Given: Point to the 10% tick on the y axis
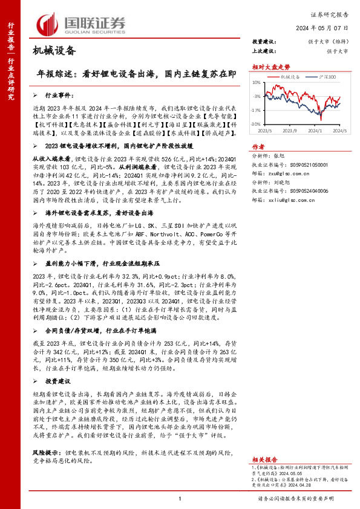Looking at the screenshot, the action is [257, 82].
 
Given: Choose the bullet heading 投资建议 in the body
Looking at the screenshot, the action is [59, 382].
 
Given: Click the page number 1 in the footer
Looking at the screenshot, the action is [180, 498].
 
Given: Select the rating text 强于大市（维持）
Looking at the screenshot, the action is [327, 41].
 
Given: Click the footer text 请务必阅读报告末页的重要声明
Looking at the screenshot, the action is [304, 498].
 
